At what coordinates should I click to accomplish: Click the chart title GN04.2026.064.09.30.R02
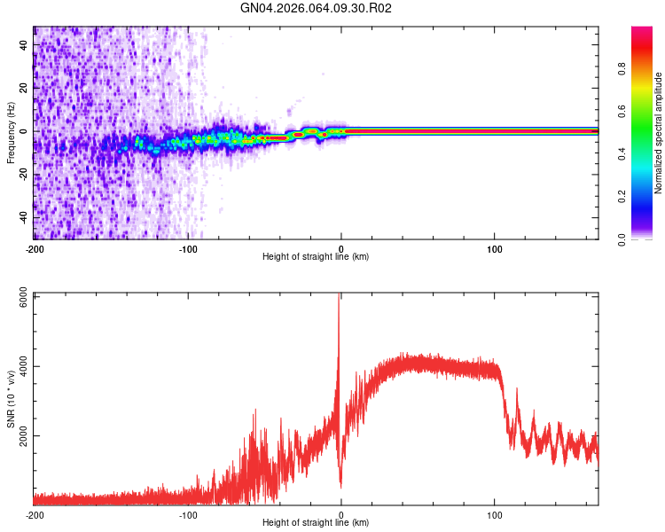[317, 9]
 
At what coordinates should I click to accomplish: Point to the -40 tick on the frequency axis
[22, 217]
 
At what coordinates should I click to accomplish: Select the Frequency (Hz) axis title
[11, 133]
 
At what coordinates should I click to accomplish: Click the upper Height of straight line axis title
[316, 257]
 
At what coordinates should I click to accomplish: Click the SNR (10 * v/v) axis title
[11, 399]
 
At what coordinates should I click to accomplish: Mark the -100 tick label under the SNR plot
[188, 514]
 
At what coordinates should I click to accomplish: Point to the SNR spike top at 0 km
[340, 296]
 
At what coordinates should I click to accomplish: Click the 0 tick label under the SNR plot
[341, 514]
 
